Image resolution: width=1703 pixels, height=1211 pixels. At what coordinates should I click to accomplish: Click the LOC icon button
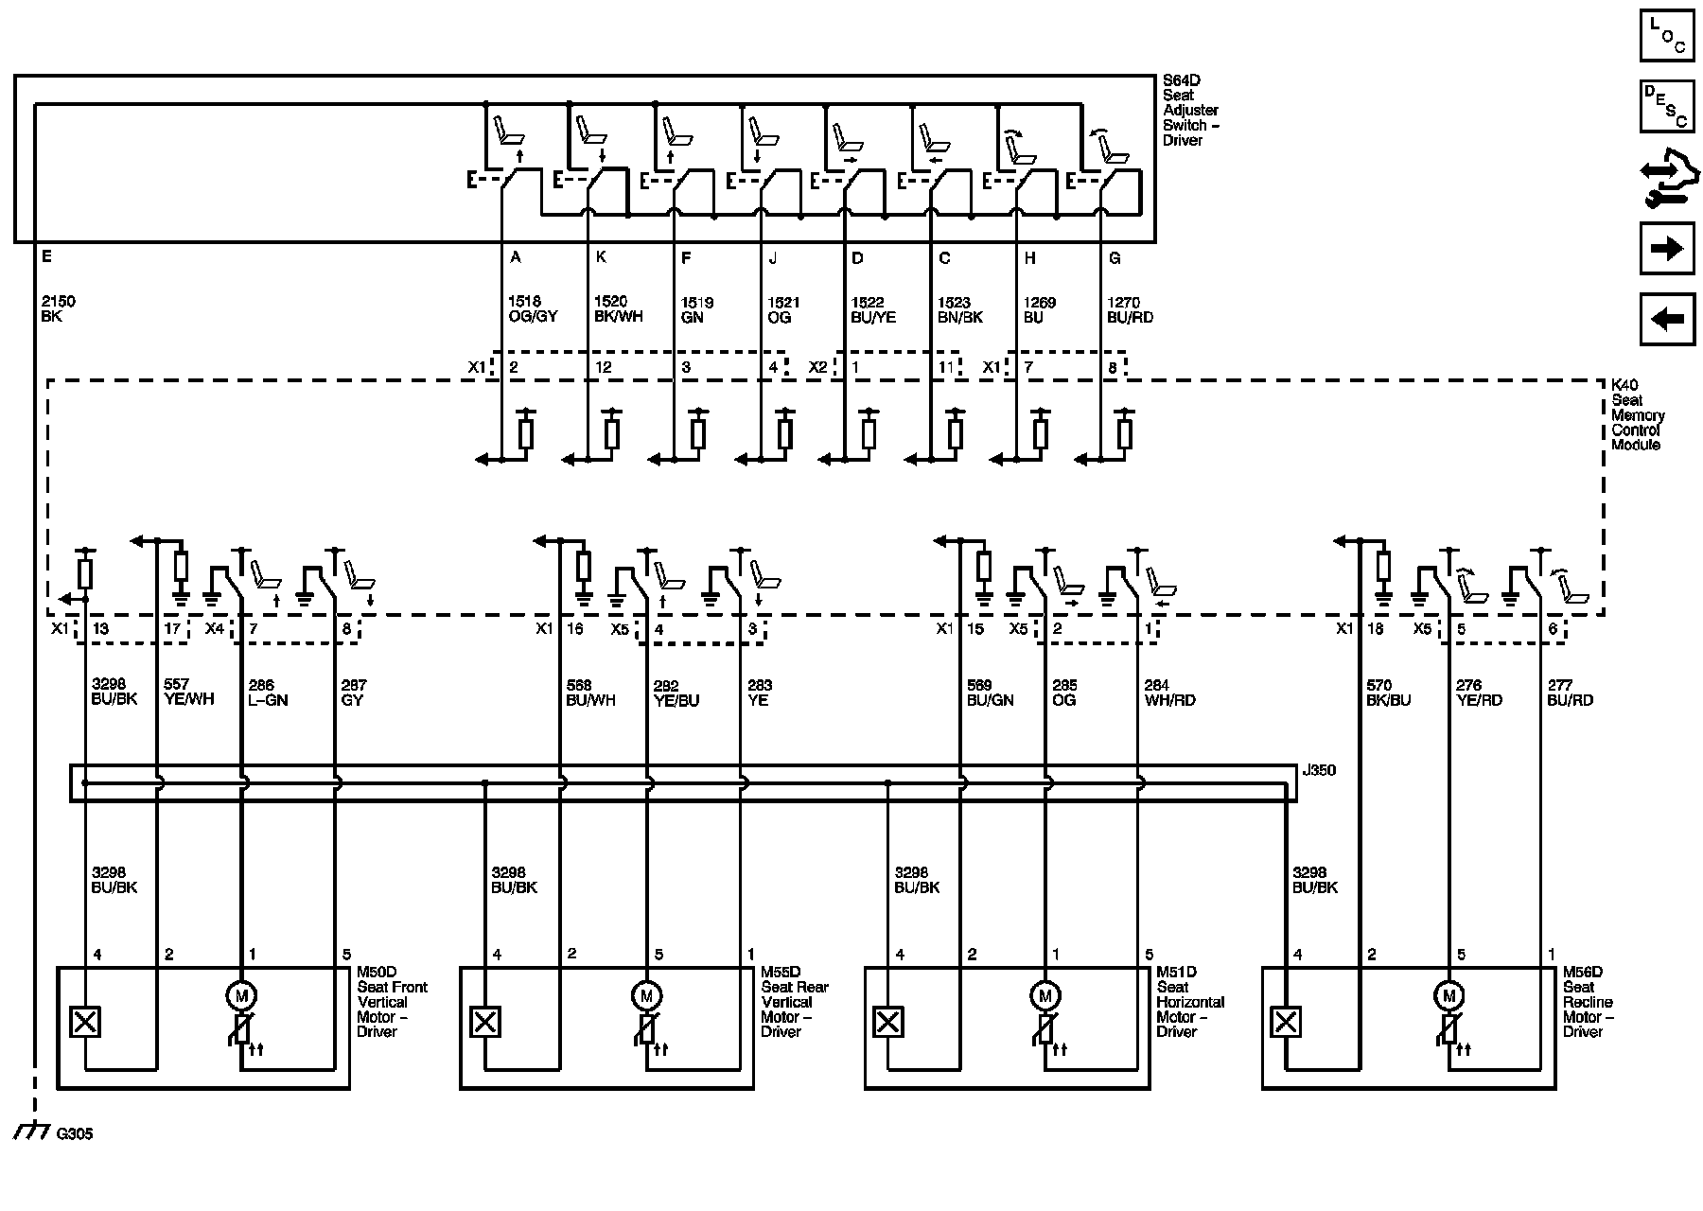(x=1666, y=37)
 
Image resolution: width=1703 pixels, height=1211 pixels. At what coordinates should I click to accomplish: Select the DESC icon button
(x=1666, y=106)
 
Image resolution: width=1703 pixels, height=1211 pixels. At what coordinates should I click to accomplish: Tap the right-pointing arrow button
(x=1666, y=249)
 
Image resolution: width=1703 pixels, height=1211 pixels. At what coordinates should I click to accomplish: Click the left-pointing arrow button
(x=1666, y=319)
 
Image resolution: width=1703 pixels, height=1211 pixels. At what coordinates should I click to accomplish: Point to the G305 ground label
(x=75, y=1133)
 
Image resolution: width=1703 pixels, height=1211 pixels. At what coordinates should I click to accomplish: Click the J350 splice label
(x=1319, y=770)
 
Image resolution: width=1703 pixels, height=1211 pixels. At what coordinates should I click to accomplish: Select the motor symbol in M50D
(x=242, y=994)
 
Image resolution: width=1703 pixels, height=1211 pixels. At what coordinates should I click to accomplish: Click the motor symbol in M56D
(x=1448, y=994)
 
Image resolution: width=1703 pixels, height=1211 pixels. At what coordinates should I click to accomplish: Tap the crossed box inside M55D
(x=485, y=1022)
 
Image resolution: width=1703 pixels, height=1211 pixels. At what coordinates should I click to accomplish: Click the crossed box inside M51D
(x=888, y=1022)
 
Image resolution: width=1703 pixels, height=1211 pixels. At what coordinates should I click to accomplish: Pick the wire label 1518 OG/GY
(x=533, y=309)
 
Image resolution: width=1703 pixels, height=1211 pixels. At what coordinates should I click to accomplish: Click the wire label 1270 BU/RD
(x=1130, y=309)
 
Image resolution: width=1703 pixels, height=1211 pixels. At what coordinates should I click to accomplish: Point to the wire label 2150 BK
(x=59, y=308)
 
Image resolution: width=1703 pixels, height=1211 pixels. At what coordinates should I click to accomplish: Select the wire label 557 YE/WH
(x=189, y=693)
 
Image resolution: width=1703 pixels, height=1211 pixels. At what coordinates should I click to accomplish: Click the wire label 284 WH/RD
(x=1169, y=693)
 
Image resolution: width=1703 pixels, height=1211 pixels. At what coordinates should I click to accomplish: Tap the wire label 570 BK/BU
(x=1389, y=693)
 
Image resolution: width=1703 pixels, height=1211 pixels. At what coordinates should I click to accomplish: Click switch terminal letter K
(x=601, y=257)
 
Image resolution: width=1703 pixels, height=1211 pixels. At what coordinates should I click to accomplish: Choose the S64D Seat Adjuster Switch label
(x=1190, y=111)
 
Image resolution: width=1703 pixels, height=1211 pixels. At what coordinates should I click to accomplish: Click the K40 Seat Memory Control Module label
(x=1637, y=415)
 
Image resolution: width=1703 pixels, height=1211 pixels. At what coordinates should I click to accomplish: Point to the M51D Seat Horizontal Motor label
(x=1189, y=1002)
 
